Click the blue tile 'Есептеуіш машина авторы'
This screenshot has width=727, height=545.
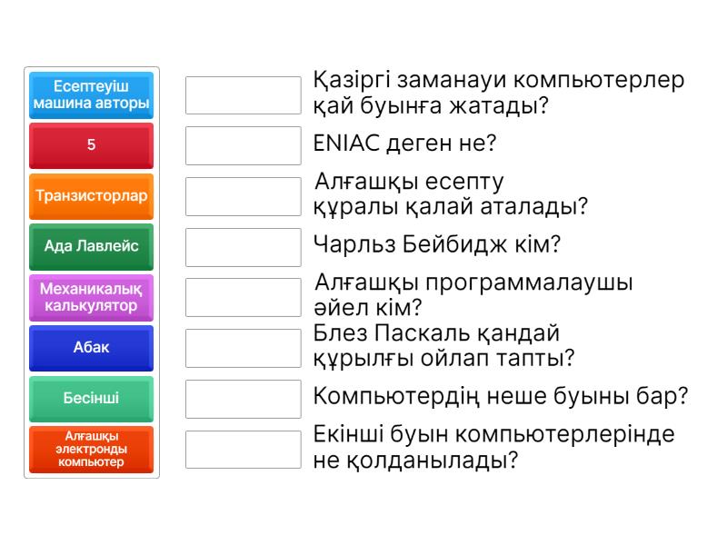point(91,95)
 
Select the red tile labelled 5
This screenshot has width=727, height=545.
point(91,145)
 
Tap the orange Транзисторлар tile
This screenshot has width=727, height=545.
point(91,196)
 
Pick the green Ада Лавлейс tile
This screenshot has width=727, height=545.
point(91,246)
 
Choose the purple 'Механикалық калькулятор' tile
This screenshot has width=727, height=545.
point(91,297)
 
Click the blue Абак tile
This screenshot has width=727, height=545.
point(91,348)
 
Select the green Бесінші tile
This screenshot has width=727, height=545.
point(91,399)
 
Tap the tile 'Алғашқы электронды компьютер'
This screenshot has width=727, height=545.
point(91,450)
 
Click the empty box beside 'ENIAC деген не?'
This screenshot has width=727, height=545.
point(243,145)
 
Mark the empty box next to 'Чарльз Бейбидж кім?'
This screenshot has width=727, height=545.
point(243,246)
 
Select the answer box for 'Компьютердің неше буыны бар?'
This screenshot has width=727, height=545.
point(243,399)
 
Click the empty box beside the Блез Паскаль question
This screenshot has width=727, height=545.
point(243,348)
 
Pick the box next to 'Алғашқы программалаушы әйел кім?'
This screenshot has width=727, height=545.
point(243,297)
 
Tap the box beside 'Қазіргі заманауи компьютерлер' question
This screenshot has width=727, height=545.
point(243,95)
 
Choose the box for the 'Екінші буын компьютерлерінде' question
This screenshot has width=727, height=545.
point(243,450)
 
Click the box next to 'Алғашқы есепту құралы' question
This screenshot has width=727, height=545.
point(243,196)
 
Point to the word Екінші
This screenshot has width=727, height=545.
point(350,434)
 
